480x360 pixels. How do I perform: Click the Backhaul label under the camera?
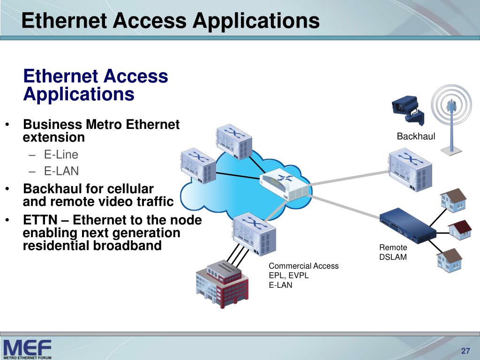click(416, 136)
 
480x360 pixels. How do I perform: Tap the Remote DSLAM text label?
click(393, 252)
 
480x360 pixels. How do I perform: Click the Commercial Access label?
click(303, 266)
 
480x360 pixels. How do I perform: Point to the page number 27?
click(465, 352)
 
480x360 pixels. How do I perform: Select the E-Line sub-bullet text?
click(61, 155)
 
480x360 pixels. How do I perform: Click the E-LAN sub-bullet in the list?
click(61, 171)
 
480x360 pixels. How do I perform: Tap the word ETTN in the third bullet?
click(39, 220)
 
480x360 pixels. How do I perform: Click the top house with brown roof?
click(453, 199)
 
